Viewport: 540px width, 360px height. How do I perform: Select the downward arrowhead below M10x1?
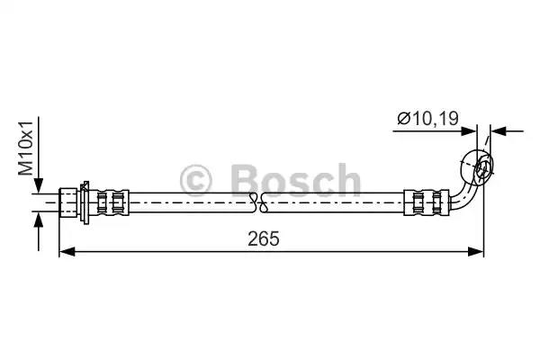37,187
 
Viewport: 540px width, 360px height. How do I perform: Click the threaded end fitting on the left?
68,201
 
